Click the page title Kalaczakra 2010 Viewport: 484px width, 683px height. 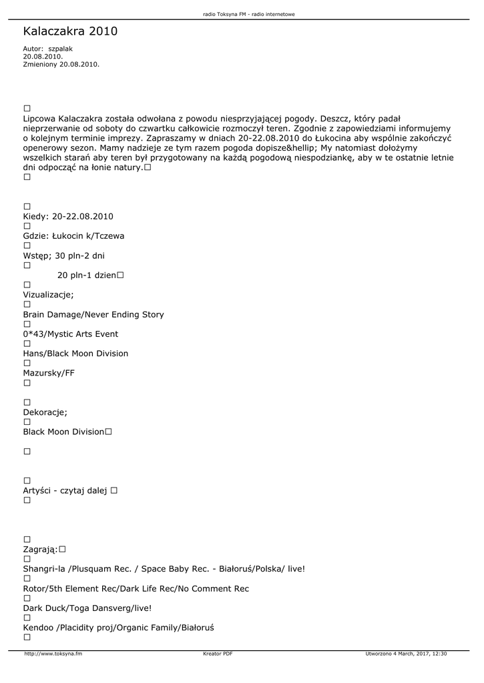point(70,31)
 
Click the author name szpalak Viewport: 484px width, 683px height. point(60,49)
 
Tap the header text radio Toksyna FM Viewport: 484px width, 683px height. point(248,14)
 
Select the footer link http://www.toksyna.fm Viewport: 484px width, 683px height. point(53,654)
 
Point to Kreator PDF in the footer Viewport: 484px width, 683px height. point(218,654)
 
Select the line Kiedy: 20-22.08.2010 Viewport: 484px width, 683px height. point(68,217)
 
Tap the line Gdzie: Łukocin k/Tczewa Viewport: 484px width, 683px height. point(73,236)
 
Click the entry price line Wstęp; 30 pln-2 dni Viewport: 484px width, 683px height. point(63,255)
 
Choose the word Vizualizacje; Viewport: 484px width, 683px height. point(48,295)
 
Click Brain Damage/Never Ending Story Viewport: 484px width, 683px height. point(93,315)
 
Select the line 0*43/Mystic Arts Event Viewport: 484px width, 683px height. point(70,334)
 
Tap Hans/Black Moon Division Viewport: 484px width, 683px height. point(75,354)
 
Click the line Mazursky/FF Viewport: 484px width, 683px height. point(49,373)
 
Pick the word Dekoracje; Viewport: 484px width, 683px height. point(45,412)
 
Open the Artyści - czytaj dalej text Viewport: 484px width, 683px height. point(65,491)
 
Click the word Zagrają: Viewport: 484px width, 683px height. point(40,550)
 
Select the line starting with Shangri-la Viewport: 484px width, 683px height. point(164,569)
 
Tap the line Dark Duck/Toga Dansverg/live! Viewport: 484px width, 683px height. point(87,608)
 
